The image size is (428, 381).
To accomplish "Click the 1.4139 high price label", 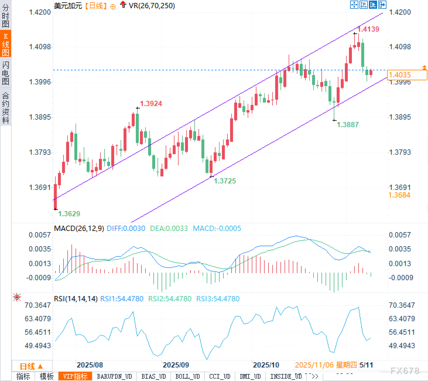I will (368, 29).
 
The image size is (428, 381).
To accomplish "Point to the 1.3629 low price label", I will (69, 214).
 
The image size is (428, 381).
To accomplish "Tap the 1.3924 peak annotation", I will (151, 103).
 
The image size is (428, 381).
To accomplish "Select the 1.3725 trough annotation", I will (225, 181).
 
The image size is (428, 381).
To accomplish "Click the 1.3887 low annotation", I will (348, 125).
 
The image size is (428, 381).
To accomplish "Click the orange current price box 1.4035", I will (407, 75).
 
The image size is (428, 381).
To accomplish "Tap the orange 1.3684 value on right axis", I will (399, 195).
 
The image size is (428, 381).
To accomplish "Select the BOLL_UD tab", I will (187, 376).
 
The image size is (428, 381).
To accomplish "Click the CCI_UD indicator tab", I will (220, 376).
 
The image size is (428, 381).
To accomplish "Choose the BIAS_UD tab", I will (154, 376).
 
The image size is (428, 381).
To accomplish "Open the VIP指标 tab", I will (75, 376).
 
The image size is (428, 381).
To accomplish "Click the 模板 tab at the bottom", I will (47, 376).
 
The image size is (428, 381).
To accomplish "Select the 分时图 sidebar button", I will (6, 16).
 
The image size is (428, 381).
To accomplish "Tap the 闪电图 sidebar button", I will (6, 73).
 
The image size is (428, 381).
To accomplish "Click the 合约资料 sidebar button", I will (6, 108).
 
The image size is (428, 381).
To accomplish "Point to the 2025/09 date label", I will (176, 365).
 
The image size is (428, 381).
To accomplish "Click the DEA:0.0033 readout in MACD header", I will (169, 228).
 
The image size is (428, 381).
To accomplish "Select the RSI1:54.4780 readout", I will (122, 299).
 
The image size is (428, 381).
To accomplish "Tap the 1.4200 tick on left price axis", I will (40, 12).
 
